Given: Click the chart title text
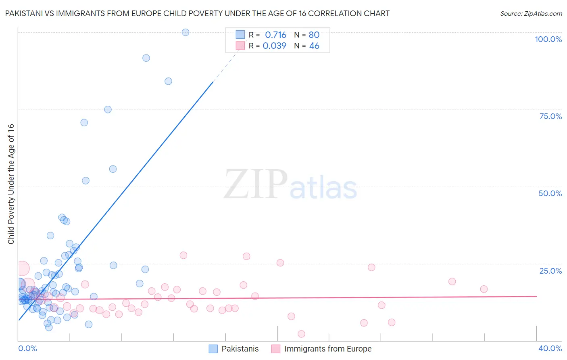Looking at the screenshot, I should pyautogui.click(x=197, y=13).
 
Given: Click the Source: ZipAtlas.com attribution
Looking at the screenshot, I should pyautogui.click(x=531, y=13).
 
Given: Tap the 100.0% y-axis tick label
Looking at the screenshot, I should pyautogui.click(x=548, y=39).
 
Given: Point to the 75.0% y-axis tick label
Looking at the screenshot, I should pyautogui.click(x=550, y=116).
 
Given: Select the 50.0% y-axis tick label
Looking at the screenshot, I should pyautogui.click(x=550, y=193).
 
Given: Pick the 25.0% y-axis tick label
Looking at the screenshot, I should pyautogui.click(x=550, y=270).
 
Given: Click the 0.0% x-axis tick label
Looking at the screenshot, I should pyautogui.click(x=27, y=348).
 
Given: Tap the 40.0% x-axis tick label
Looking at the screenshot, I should pyautogui.click(x=550, y=348).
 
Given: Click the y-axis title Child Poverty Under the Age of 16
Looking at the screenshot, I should pyautogui.click(x=11, y=184).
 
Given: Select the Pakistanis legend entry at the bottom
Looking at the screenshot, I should pyautogui.click(x=234, y=349).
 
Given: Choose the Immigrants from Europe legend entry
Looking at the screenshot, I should pyautogui.click(x=321, y=349).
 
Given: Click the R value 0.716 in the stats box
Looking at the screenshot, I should pyautogui.click(x=275, y=35).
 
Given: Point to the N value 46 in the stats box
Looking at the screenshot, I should pyautogui.click(x=314, y=46).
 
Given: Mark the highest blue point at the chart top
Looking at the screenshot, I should pyautogui.click(x=186, y=32).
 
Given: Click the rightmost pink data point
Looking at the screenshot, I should pyautogui.click(x=484, y=289).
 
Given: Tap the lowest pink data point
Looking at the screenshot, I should pyautogui.click(x=301, y=334).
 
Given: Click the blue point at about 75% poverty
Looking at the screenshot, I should pyautogui.click(x=108, y=109).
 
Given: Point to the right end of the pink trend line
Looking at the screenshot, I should pyautogui.click(x=536, y=296).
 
